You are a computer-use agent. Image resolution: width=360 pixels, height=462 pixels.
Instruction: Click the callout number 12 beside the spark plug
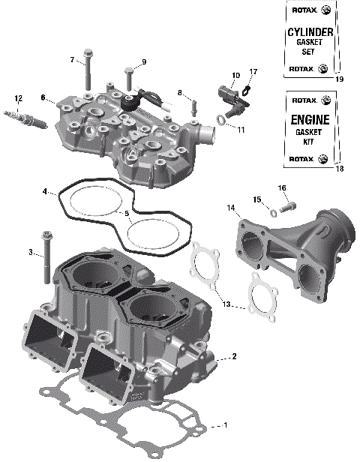click(18, 97)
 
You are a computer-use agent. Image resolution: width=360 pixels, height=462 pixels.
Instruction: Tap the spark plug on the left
click(20, 118)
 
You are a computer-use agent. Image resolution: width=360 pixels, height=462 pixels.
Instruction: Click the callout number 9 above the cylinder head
click(143, 61)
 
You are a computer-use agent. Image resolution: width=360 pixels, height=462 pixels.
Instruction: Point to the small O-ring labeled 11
click(223, 120)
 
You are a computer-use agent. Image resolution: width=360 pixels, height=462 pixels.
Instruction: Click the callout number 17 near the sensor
click(253, 72)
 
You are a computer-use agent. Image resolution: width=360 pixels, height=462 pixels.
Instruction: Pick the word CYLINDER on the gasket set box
click(310, 34)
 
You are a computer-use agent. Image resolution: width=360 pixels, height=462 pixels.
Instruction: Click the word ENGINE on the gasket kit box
click(310, 119)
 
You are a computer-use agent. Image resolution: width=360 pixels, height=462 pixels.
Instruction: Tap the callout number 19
click(339, 79)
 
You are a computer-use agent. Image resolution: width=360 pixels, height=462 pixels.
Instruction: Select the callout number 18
click(339, 169)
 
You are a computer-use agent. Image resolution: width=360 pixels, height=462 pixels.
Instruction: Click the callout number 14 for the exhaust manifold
click(231, 207)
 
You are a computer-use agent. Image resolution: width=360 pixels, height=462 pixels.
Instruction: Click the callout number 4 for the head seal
click(45, 191)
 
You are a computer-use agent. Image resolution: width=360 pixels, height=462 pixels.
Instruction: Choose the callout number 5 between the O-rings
click(127, 214)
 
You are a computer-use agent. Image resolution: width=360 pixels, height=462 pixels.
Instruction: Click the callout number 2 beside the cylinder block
click(234, 355)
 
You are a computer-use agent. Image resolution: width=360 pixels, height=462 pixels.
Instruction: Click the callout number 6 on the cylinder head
click(43, 97)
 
